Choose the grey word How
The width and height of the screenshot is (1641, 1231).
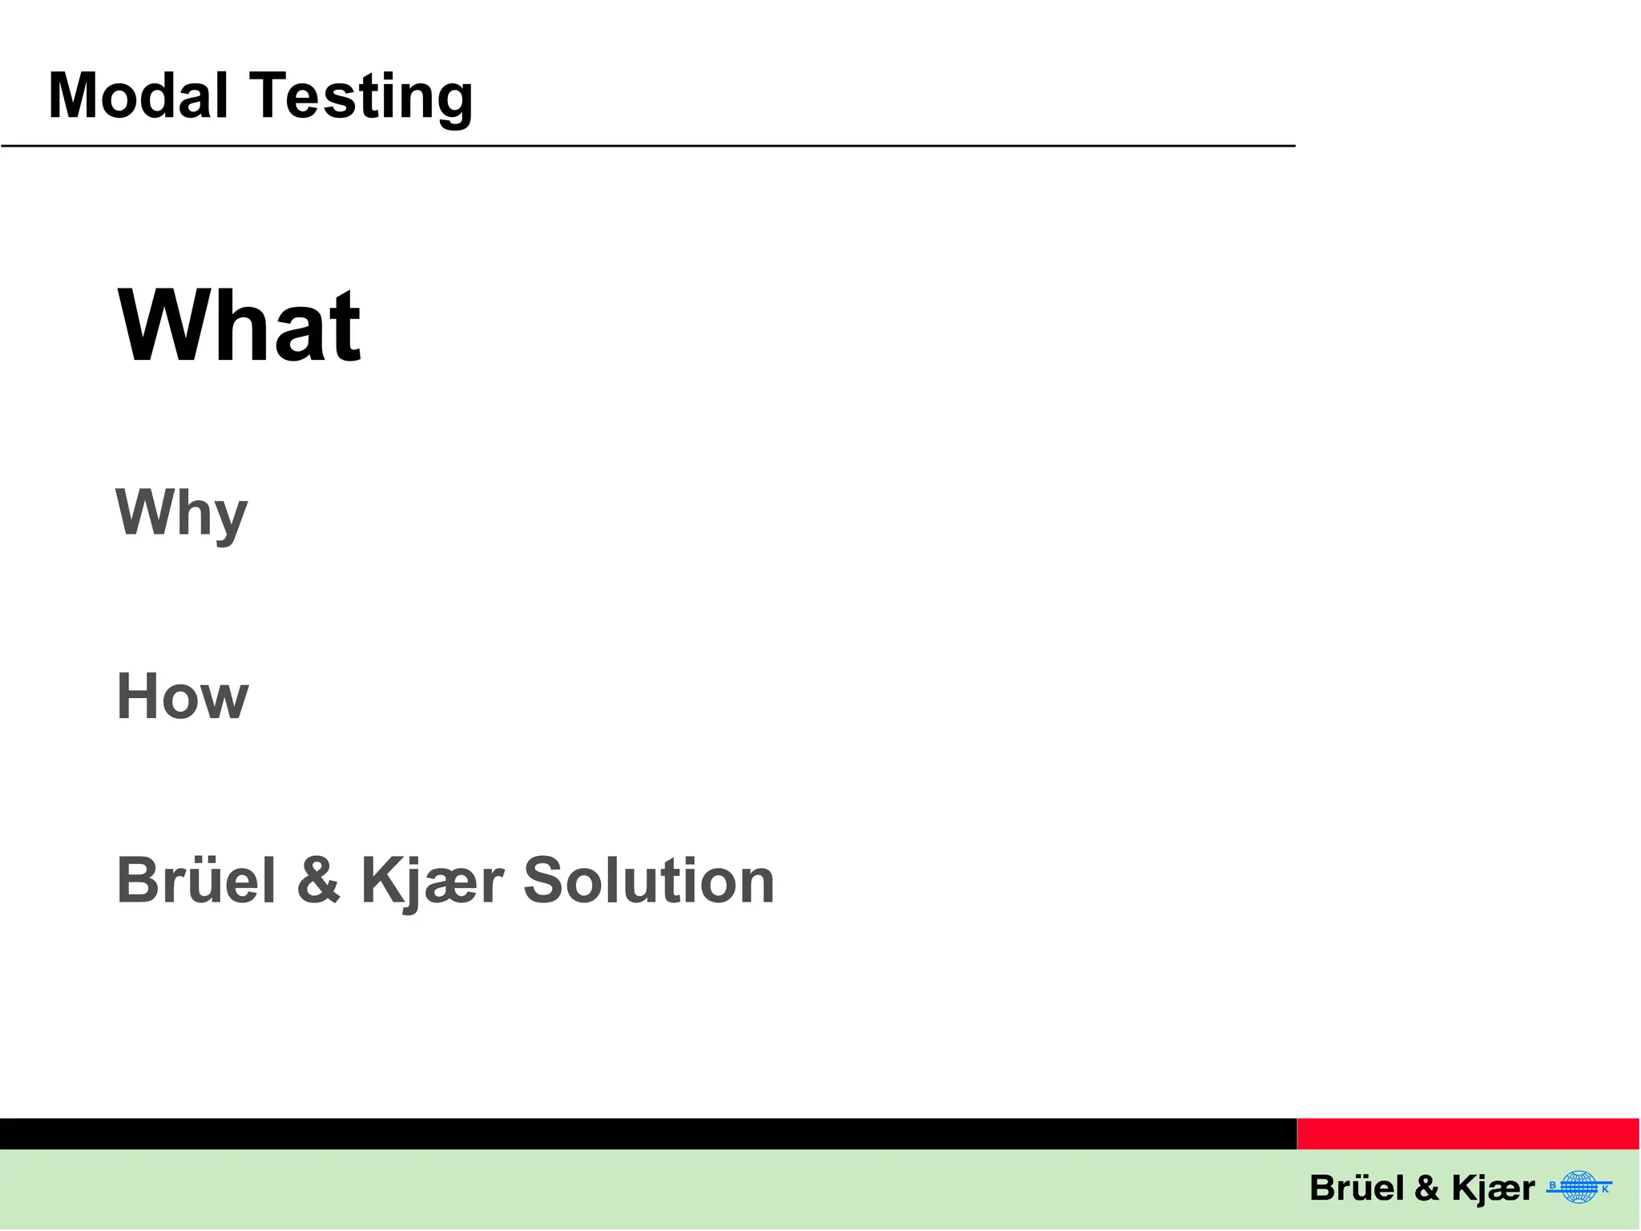pyautogui.click(x=183, y=696)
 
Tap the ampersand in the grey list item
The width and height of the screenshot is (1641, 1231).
pyautogui.click(x=318, y=880)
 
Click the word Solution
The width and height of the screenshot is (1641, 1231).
pyautogui.click(x=648, y=880)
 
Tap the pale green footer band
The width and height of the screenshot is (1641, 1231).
pyautogui.click(x=641, y=1190)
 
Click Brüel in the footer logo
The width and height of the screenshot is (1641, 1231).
pyautogui.click(x=1357, y=1188)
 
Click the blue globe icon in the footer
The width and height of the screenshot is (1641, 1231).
pyautogui.click(x=1579, y=1187)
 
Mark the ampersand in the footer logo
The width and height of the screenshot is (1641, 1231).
pyautogui.click(x=1427, y=1188)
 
